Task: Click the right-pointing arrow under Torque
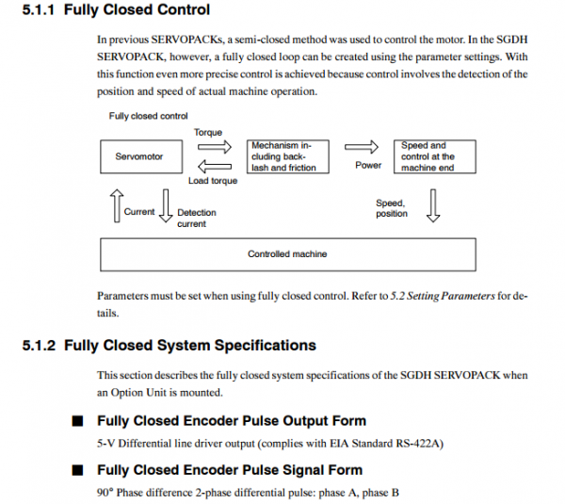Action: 215,147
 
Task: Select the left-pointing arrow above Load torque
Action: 215,167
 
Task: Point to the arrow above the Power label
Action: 362,147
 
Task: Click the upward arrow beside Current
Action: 117,206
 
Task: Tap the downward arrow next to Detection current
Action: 166,206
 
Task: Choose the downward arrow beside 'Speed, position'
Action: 433,206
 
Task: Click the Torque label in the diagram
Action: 208,132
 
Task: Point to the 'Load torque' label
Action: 213,181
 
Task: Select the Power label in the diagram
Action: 368,165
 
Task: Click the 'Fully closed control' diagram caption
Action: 148,116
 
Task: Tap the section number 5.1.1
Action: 39,9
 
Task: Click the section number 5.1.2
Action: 39,346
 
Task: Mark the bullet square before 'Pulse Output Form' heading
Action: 77,421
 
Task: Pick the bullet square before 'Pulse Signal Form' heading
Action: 77,470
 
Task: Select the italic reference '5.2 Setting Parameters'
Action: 443,296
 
